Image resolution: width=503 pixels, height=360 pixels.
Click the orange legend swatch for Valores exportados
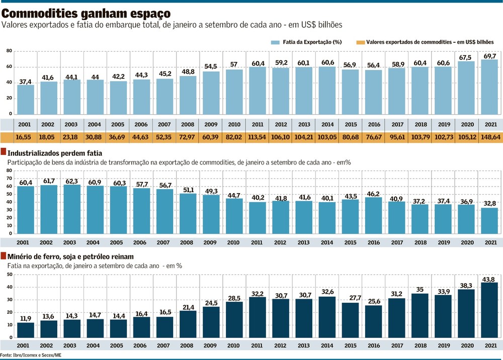360,42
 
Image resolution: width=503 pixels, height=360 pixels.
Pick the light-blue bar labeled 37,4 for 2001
26,100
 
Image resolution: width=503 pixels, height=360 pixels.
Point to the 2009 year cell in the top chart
211,124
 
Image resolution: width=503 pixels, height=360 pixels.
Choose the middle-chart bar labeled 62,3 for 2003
72,209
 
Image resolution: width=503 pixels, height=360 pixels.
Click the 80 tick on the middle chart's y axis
9,171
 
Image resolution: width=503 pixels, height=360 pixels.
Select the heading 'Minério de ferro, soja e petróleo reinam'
70,256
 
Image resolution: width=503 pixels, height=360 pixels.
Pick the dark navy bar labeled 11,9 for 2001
26,330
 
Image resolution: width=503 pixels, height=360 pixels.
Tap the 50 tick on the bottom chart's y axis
9,275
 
